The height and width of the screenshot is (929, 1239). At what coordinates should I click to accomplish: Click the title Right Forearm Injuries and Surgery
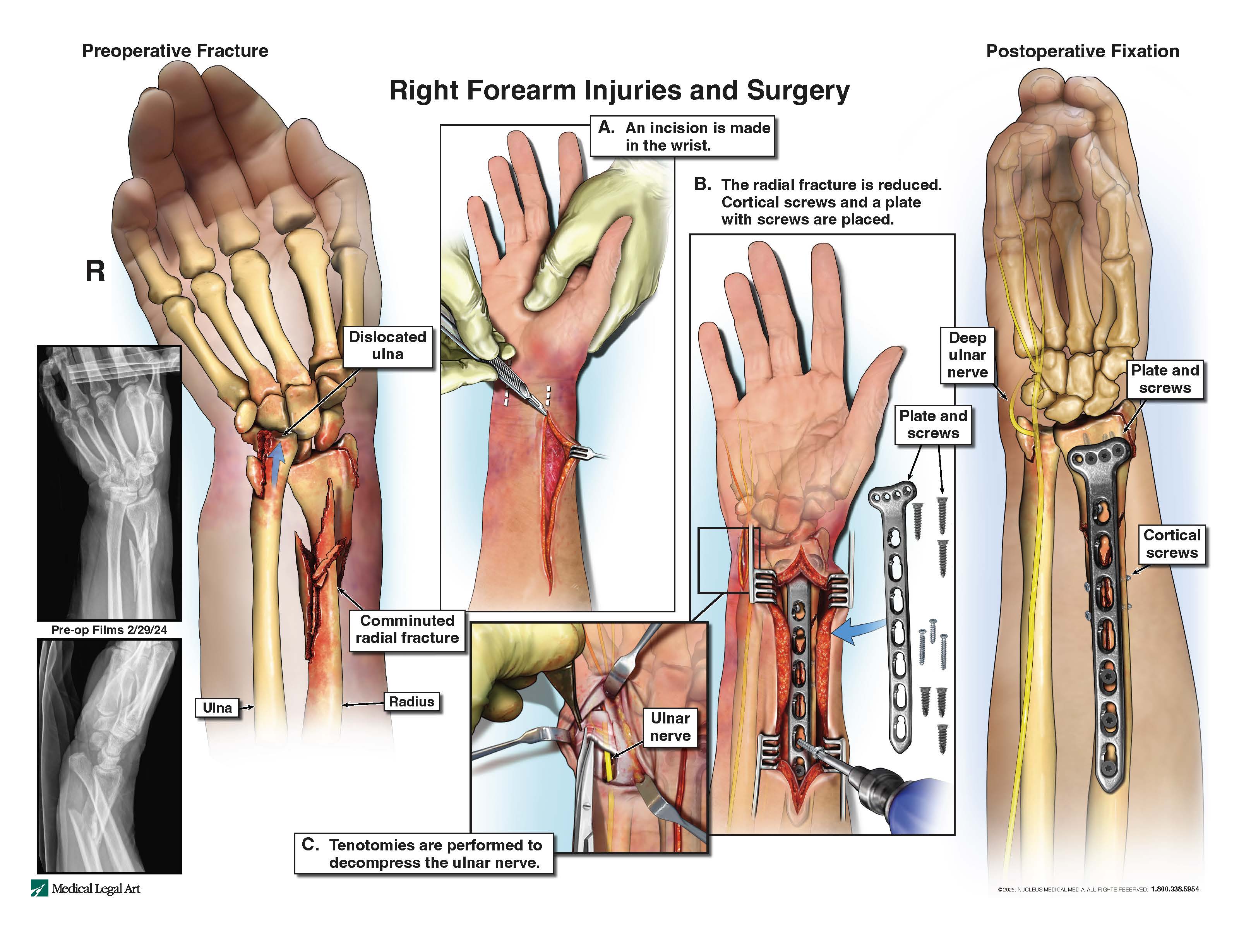619,91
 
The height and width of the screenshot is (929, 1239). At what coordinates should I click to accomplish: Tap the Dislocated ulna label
387,346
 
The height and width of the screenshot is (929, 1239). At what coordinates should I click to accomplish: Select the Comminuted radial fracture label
407,629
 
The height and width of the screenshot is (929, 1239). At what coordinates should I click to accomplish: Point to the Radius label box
412,701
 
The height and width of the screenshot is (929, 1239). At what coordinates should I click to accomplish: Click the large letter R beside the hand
95,272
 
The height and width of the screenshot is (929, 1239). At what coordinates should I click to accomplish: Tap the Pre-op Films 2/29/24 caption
109,630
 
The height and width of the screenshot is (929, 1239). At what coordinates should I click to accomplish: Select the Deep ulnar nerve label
967,355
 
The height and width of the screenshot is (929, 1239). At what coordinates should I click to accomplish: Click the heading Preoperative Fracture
175,51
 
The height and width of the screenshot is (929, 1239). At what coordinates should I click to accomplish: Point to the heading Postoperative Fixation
1083,51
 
